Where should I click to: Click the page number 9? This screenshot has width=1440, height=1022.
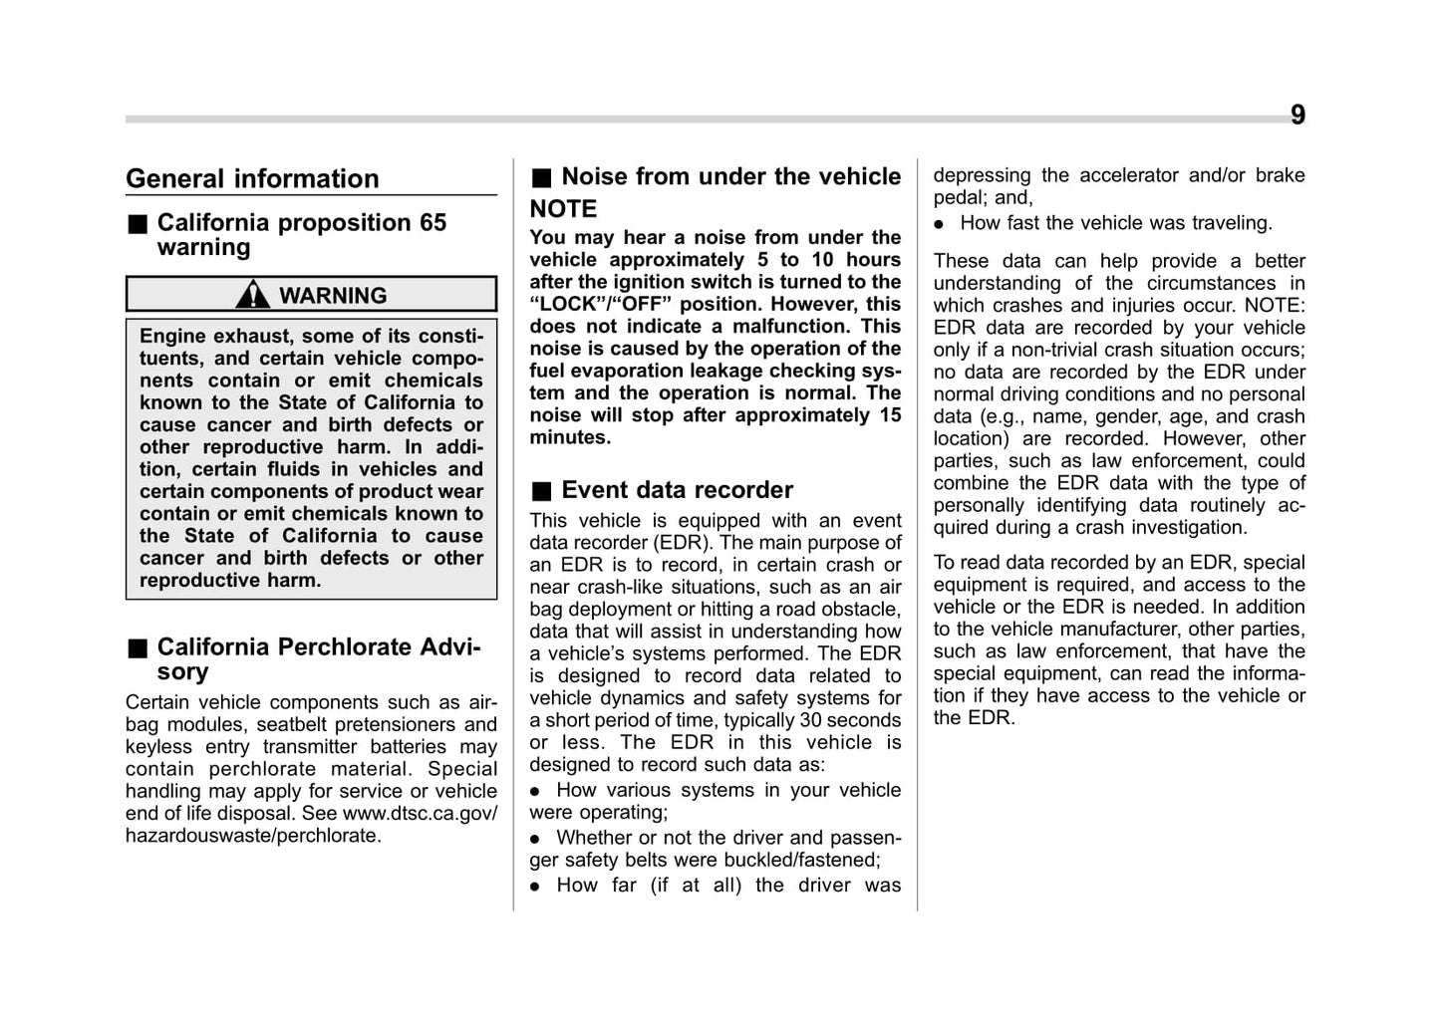tap(1296, 116)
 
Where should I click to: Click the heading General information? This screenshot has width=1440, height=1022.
tap(252, 179)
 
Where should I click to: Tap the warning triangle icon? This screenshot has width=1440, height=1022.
tap(253, 295)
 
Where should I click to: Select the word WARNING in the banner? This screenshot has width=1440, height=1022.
tap(332, 296)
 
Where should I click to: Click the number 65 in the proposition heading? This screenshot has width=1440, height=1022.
tap(432, 223)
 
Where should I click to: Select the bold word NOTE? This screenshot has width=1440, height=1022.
tap(563, 209)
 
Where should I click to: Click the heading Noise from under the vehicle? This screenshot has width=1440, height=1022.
tap(730, 177)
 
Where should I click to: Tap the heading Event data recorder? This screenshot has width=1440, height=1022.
tap(677, 490)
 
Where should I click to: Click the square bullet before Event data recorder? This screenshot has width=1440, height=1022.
tap(540, 491)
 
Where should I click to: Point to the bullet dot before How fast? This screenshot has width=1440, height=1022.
tap(939, 224)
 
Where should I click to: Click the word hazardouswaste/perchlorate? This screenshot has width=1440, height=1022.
tap(253, 836)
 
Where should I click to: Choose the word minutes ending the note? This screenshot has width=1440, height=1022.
tap(570, 437)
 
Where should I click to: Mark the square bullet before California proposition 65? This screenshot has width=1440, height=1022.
tap(136, 224)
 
